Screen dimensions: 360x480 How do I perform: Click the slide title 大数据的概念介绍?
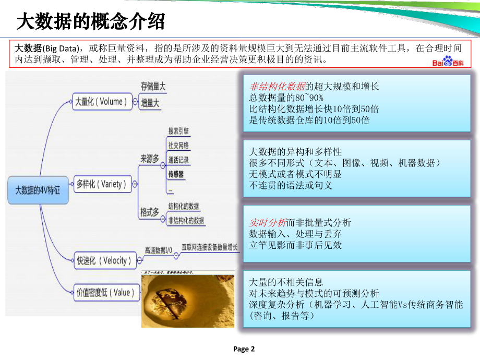coord(91,22)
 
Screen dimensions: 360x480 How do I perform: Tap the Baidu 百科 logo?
coord(448,62)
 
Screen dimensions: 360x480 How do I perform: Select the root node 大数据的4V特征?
coord(38,190)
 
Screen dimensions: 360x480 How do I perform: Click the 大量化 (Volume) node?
coord(101,101)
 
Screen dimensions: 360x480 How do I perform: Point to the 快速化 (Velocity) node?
coord(104,260)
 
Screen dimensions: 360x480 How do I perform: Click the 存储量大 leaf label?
coord(153,87)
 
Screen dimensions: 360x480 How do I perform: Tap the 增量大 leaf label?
coord(150,103)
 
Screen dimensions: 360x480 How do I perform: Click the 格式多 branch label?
coord(149,212)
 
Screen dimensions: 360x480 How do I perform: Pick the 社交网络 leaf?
coord(178,145)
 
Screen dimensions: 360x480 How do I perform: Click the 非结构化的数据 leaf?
coord(186,220)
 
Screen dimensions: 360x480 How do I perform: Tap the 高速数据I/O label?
coord(159,250)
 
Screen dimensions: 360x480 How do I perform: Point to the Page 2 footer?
coord(244,349)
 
